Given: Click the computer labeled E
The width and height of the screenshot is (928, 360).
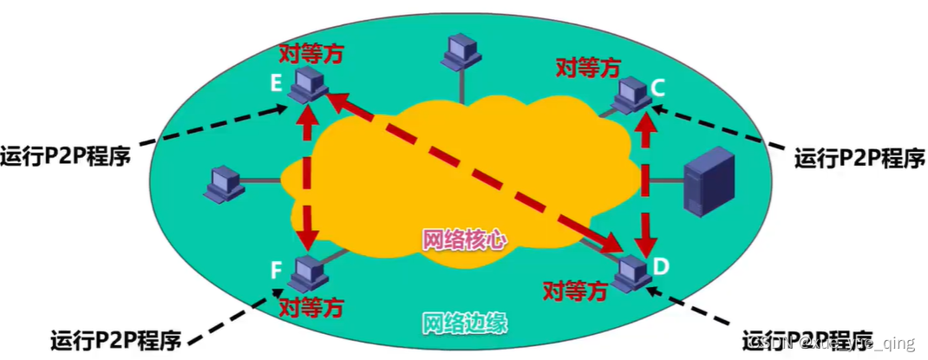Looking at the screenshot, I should [307, 83].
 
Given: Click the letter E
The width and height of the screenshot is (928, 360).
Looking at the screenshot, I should [276, 84].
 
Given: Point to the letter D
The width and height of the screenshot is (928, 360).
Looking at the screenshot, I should [661, 265].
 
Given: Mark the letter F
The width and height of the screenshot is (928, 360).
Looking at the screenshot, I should [276, 272].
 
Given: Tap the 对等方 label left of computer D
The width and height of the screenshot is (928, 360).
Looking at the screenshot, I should [574, 291].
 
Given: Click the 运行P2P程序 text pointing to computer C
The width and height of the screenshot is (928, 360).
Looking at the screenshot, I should [859, 157].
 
